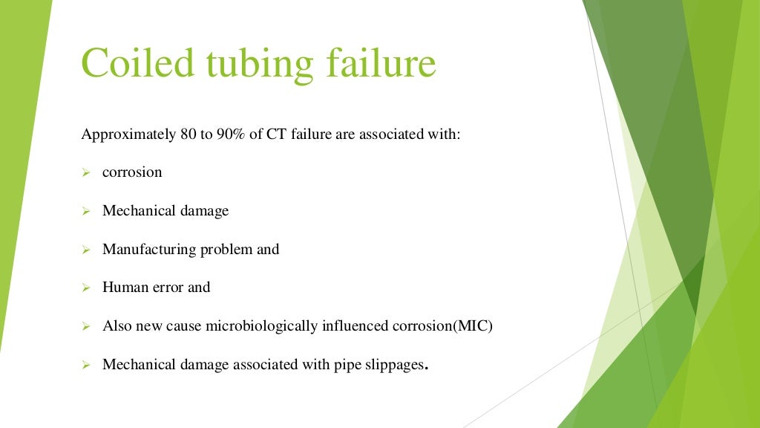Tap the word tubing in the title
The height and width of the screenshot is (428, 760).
(x=252, y=64)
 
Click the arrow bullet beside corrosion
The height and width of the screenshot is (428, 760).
(x=85, y=172)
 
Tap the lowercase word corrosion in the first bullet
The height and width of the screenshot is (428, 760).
(x=132, y=172)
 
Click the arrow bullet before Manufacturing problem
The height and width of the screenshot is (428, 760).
(x=85, y=250)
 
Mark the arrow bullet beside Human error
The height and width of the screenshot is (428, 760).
(x=85, y=288)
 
